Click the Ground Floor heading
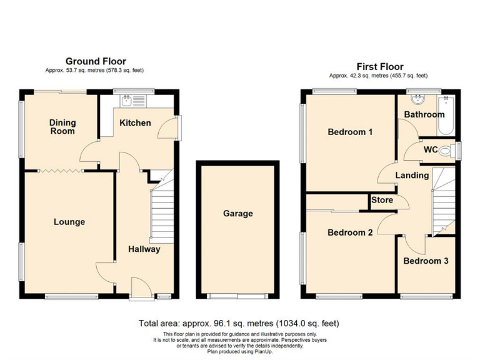click(96, 61)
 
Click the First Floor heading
click(379, 66)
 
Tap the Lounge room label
click(69, 222)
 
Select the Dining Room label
click(62, 127)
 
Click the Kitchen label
click(135, 122)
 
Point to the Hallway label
click(144, 249)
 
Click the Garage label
click(237, 214)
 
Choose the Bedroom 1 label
click(350, 132)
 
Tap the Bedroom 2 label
click(350, 232)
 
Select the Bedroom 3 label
click(425, 261)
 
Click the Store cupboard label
click(382, 201)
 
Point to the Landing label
click(412, 176)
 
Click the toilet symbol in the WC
click(446, 151)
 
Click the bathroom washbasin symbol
click(415, 101)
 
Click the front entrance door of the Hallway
click(139, 288)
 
